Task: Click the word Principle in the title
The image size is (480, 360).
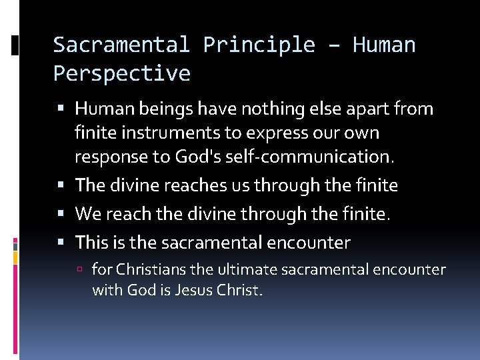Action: coord(259,45)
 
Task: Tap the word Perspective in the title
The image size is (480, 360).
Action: coord(121,73)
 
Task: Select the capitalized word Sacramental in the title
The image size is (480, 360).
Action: coord(121,45)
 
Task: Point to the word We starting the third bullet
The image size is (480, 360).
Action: coord(87,214)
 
